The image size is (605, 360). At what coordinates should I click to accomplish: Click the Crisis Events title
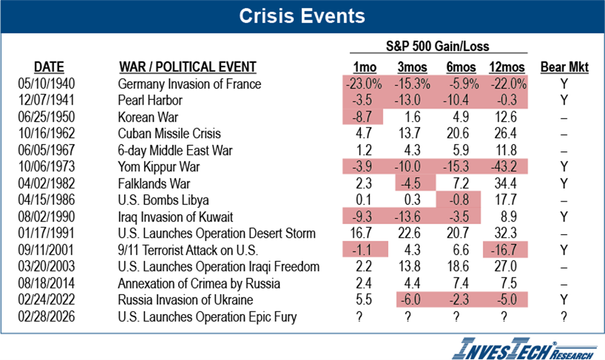click(302, 16)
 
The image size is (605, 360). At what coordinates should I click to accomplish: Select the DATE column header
click(49, 67)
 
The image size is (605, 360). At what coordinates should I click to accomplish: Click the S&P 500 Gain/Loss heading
click(438, 46)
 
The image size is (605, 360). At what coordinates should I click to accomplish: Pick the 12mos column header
click(507, 67)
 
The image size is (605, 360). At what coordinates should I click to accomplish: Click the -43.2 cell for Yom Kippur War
click(507, 166)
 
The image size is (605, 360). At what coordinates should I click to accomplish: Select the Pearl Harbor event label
click(149, 100)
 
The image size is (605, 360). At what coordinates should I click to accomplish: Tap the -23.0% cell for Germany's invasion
click(364, 84)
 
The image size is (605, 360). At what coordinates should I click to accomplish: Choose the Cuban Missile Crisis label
click(169, 133)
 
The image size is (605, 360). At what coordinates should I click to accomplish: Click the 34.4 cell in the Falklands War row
click(507, 184)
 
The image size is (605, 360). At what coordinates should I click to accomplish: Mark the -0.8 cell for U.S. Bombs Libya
click(459, 200)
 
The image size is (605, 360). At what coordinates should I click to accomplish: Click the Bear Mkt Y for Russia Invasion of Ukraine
click(563, 300)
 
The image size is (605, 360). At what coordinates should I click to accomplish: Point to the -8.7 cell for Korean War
click(364, 117)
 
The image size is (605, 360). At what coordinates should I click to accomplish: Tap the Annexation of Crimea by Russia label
click(199, 284)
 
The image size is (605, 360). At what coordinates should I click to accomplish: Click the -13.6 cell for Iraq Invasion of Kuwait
click(411, 217)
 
